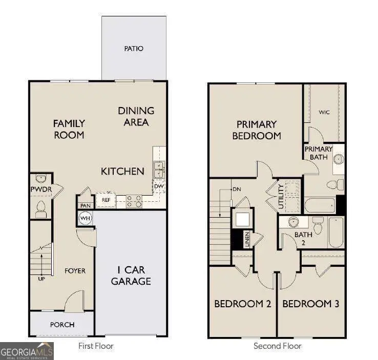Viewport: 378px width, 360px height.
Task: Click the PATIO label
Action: [x=134, y=49]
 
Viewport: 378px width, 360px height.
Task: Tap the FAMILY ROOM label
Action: [x=69, y=129]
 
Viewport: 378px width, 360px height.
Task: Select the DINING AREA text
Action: [x=136, y=116]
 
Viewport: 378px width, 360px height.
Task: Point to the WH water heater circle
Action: [x=85, y=219]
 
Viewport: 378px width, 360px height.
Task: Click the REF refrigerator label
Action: [x=106, y=200]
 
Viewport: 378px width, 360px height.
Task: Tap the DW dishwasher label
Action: [x=159, y=186]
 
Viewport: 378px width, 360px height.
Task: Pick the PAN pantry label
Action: [x=85, y=205]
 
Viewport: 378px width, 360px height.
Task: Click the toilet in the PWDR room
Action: [x=41, y=208]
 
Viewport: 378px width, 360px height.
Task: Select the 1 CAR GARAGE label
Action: [x=131, y=276]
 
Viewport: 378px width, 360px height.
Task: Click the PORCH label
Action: [x=62, y=325]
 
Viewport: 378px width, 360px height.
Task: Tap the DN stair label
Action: [x=236, y=189]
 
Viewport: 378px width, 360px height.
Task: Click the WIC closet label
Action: [x=324, y=112]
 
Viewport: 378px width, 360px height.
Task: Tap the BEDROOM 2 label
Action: [x=242, y=304]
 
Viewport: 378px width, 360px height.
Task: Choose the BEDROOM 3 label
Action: [x=310, y=304]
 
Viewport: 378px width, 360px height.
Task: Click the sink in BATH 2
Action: [x=293, y=222]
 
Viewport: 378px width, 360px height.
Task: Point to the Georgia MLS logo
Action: [x=27, y=351]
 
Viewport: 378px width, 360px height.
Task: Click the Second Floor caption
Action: [x=278, y=346]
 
